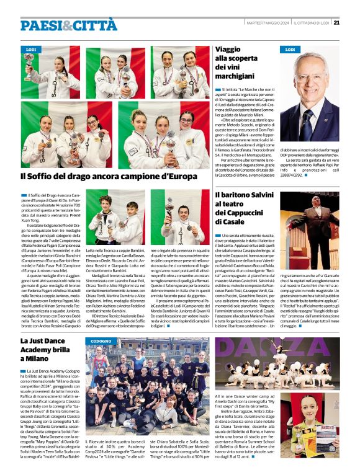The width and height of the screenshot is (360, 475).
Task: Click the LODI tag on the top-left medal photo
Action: pos(32,49)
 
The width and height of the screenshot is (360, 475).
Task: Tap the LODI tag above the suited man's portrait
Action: pos(290,49)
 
